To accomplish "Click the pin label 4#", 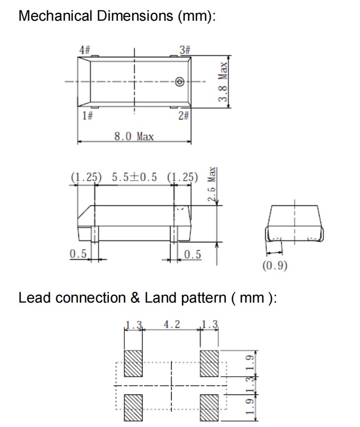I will tap(85, 50).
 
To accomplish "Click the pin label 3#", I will tap(185, 50).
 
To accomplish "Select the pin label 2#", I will tap(183, 116).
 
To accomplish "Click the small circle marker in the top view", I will tap(180, 81).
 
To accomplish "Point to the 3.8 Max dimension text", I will tap(223, 82).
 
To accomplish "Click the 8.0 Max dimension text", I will tap(134, 136).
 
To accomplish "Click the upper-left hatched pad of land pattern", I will tap(133, 363).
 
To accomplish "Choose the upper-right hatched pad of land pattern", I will tap(209, 363).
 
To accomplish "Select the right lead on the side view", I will tap(174, 234).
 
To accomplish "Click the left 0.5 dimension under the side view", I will tap(78, 254).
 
